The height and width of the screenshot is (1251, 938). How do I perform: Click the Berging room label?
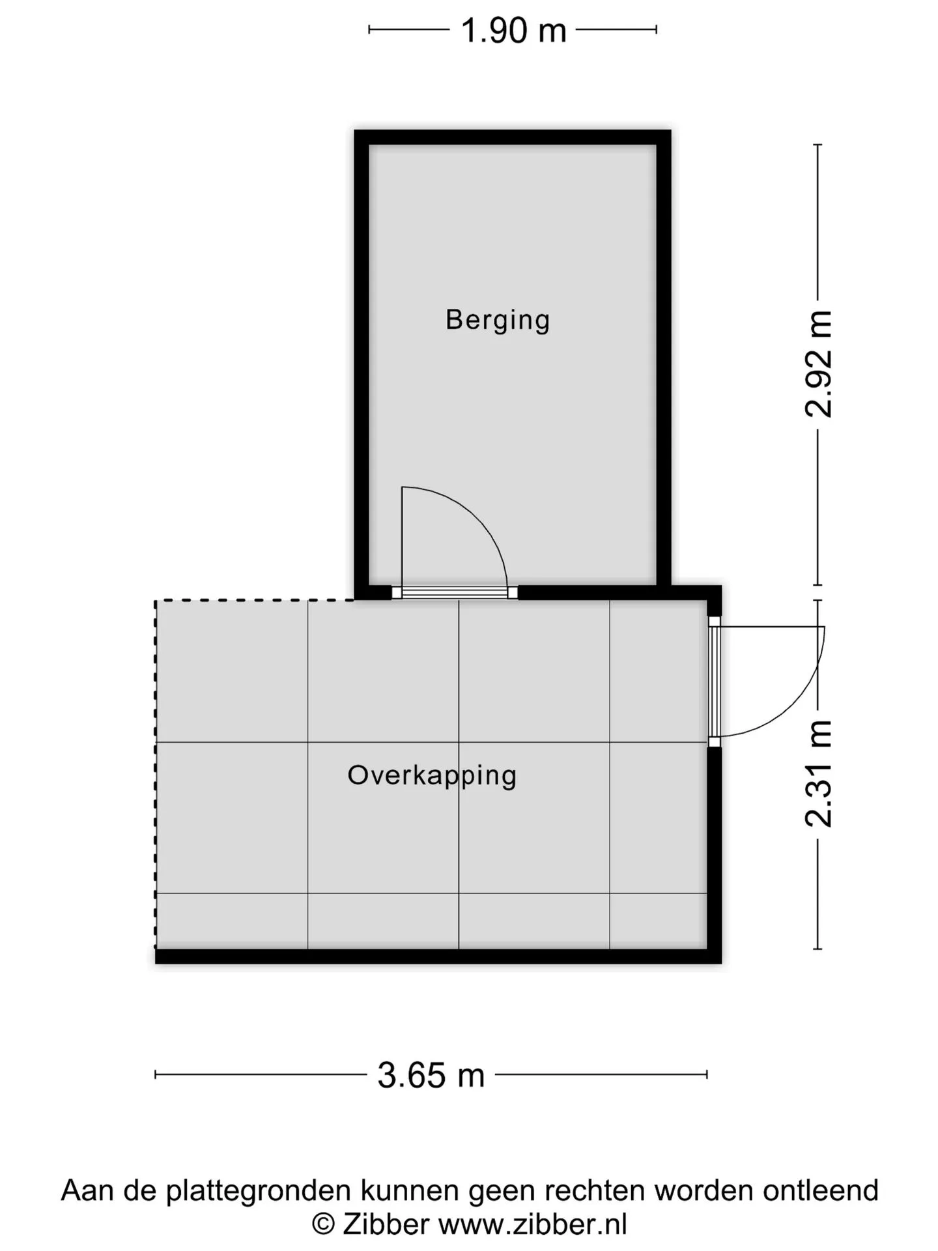[x=498, y=321]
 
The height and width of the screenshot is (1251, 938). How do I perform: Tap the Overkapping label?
[x=432, y=776]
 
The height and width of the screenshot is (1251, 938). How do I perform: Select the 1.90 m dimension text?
[x=513, y=31]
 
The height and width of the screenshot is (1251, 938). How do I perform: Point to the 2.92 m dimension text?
[x=818, y=364]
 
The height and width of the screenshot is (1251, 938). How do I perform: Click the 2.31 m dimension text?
[x=818, y=774]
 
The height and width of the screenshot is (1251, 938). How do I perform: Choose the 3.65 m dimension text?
[x=431, y=1075]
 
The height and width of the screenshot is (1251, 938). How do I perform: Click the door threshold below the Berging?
[x=455, y=592]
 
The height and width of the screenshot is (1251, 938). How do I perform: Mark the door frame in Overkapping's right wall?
[x=715, y=682]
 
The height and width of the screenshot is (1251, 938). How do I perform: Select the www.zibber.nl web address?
[x=533, y=1224]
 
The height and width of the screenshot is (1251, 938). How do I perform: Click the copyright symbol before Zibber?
[x=324, y=1225]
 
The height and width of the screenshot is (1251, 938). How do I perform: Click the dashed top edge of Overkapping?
[x=255, y=600]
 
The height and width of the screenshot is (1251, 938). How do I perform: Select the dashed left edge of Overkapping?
[x=156, y=774]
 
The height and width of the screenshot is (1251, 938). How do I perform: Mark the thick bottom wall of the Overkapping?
[x=438, y=956]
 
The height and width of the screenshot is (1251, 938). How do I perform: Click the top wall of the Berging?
[x=513, y=137]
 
